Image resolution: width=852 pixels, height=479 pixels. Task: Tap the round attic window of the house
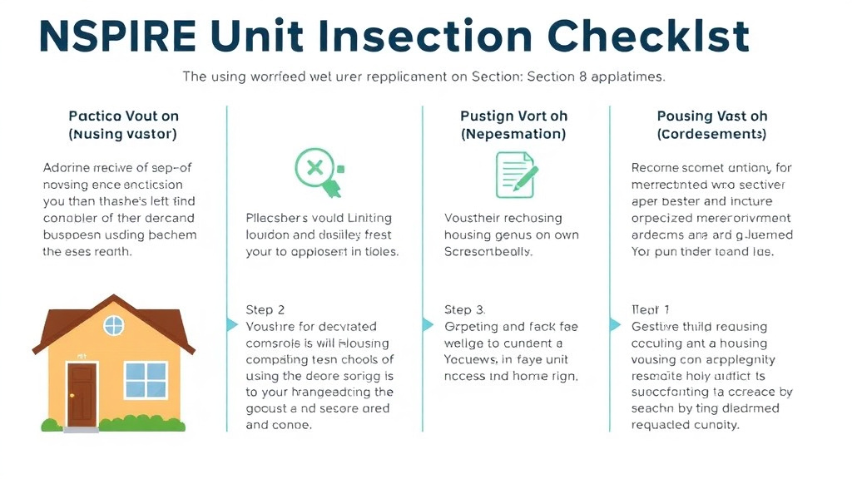(114, 325)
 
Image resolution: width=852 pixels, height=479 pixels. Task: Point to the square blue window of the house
(145, 380)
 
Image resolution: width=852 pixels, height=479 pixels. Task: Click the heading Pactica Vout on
(123, 116)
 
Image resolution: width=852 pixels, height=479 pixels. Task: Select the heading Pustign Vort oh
(513, 116)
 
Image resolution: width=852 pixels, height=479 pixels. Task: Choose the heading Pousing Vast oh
(711, 116)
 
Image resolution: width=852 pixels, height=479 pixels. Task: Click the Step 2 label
(265, 309)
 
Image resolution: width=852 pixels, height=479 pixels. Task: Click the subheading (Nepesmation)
(513, 134)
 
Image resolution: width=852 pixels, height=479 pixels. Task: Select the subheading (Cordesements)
(711, 134)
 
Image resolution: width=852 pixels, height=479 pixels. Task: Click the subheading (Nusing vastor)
(123, 134)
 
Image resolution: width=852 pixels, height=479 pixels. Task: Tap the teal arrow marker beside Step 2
(233, 324)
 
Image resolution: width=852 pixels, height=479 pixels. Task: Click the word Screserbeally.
(488, 252)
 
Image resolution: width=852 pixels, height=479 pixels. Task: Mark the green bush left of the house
(51, 425)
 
